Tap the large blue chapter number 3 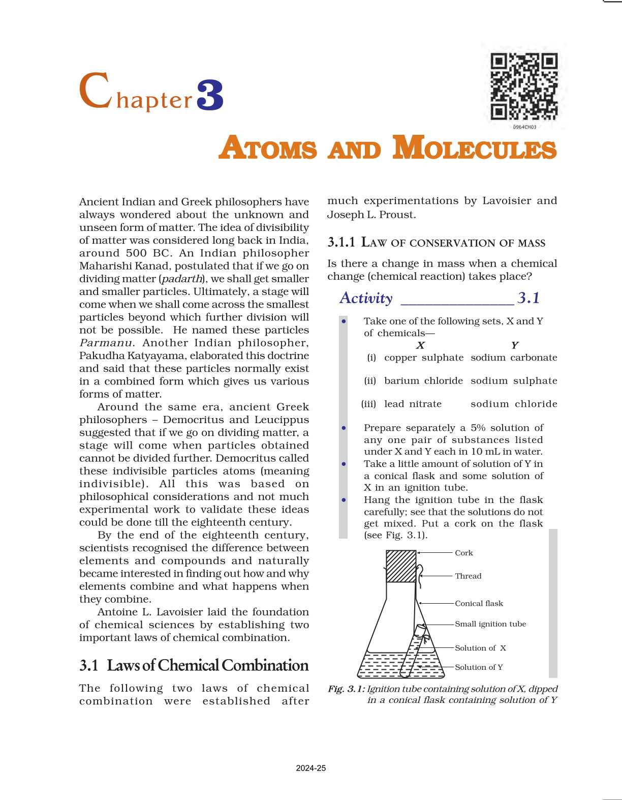click(x=210, y=95)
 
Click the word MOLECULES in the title click(x=475, y=149)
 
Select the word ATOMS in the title click(x=268, y=149)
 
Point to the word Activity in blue click(x=366, y=298)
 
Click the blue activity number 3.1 click(x=528, y=298)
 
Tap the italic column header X click(x=420, y=345)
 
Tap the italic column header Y click(x=514, y=345)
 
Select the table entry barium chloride click(x=423, y=381)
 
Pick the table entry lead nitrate click(x=413, y=404)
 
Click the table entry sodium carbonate click(x=514, y=358)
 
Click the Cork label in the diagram click(x=463, y=553)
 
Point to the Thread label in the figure click(x=468, y=576)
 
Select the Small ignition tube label click(x=490, y=624)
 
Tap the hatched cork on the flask click(x=401, y=566)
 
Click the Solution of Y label click(x=479, y=667)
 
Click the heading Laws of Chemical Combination click(x=207, y=665)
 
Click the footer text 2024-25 click(x=310, y=768)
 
